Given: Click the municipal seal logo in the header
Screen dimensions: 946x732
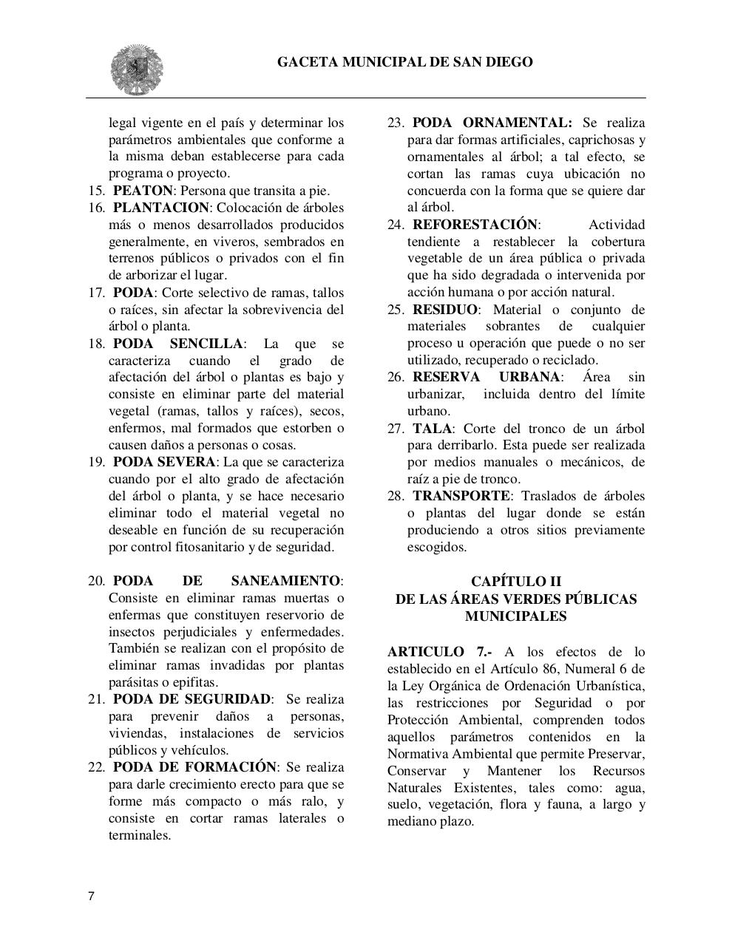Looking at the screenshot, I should coord(137,70).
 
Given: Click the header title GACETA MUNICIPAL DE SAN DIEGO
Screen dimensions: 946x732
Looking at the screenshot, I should coord(404,62).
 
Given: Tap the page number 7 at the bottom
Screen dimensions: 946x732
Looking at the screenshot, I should coord(91,896).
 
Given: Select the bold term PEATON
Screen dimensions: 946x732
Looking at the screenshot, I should coord(142,191).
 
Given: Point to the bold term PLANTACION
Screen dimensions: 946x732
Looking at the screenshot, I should coord(161,208).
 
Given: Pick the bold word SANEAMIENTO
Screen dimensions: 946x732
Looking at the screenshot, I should coord(285,581).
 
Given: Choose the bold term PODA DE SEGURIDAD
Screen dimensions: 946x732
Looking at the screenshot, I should coord(192,699).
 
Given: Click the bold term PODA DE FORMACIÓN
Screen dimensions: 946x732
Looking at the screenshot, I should coord(194,767).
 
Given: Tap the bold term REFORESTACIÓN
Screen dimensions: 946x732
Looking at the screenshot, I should coord(475,225).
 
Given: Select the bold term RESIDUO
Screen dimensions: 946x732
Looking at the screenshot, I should coord(445,310).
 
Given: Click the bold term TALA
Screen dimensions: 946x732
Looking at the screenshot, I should coord(433,429).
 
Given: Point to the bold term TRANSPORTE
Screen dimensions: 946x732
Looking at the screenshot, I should coord(461,496).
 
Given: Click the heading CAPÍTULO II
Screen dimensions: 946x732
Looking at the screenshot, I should coord(515,582).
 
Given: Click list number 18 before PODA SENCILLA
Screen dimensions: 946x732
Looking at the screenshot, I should coord(96,344).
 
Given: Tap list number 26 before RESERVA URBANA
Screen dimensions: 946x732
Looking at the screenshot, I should coord(396,378).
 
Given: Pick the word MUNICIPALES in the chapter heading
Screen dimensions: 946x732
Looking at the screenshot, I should coord(515,616).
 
